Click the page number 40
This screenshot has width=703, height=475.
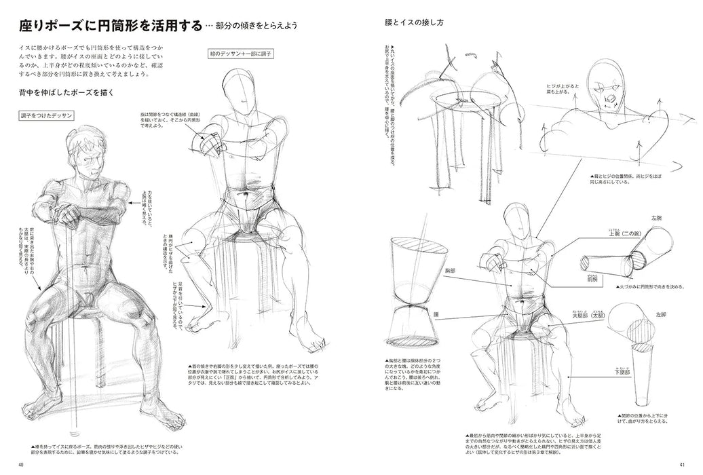[22, 464]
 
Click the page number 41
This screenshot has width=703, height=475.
[681, 464]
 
